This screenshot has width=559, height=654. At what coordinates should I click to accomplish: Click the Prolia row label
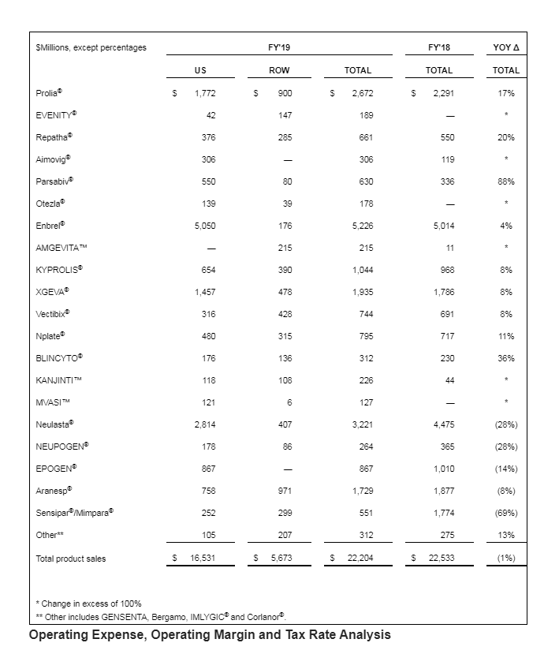pyautogui.click(x=49, y=93)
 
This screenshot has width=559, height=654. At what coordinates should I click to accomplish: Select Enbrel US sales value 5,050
pyautogui.click(x=204, y=226)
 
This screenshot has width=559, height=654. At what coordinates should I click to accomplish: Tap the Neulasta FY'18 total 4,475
pyautogui.click(x=443, y=424)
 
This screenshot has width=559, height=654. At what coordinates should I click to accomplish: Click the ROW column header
pyautogui.click(x=279, y=70)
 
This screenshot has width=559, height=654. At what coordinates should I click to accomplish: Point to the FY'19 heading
pyautogui.click(x=279, y=48)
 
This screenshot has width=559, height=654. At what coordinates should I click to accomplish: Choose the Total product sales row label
pyautogui.click(x=71, y=559)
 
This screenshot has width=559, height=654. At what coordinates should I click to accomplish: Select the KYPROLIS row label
pyautogui.click(x=59, y=270)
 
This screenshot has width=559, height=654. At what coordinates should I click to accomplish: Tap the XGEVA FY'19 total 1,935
pyautogui.click(x=360, y=292)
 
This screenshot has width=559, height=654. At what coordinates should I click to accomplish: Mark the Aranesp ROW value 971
pyautogui.click(x=285, y=491)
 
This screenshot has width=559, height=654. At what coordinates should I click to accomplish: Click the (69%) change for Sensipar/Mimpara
pyautogui.click(x=505, y=513)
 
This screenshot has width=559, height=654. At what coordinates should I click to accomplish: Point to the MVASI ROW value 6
pyautogui.click(x=289, y=402)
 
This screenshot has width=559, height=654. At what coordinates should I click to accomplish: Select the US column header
pyautogui.click(x=200, y=70)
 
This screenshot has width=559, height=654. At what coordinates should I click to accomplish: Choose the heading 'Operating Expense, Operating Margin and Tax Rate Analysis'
pyautogui.click(x=210, y=635)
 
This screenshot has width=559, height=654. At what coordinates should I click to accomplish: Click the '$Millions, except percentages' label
pyautogui.click(x=91, y=48)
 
